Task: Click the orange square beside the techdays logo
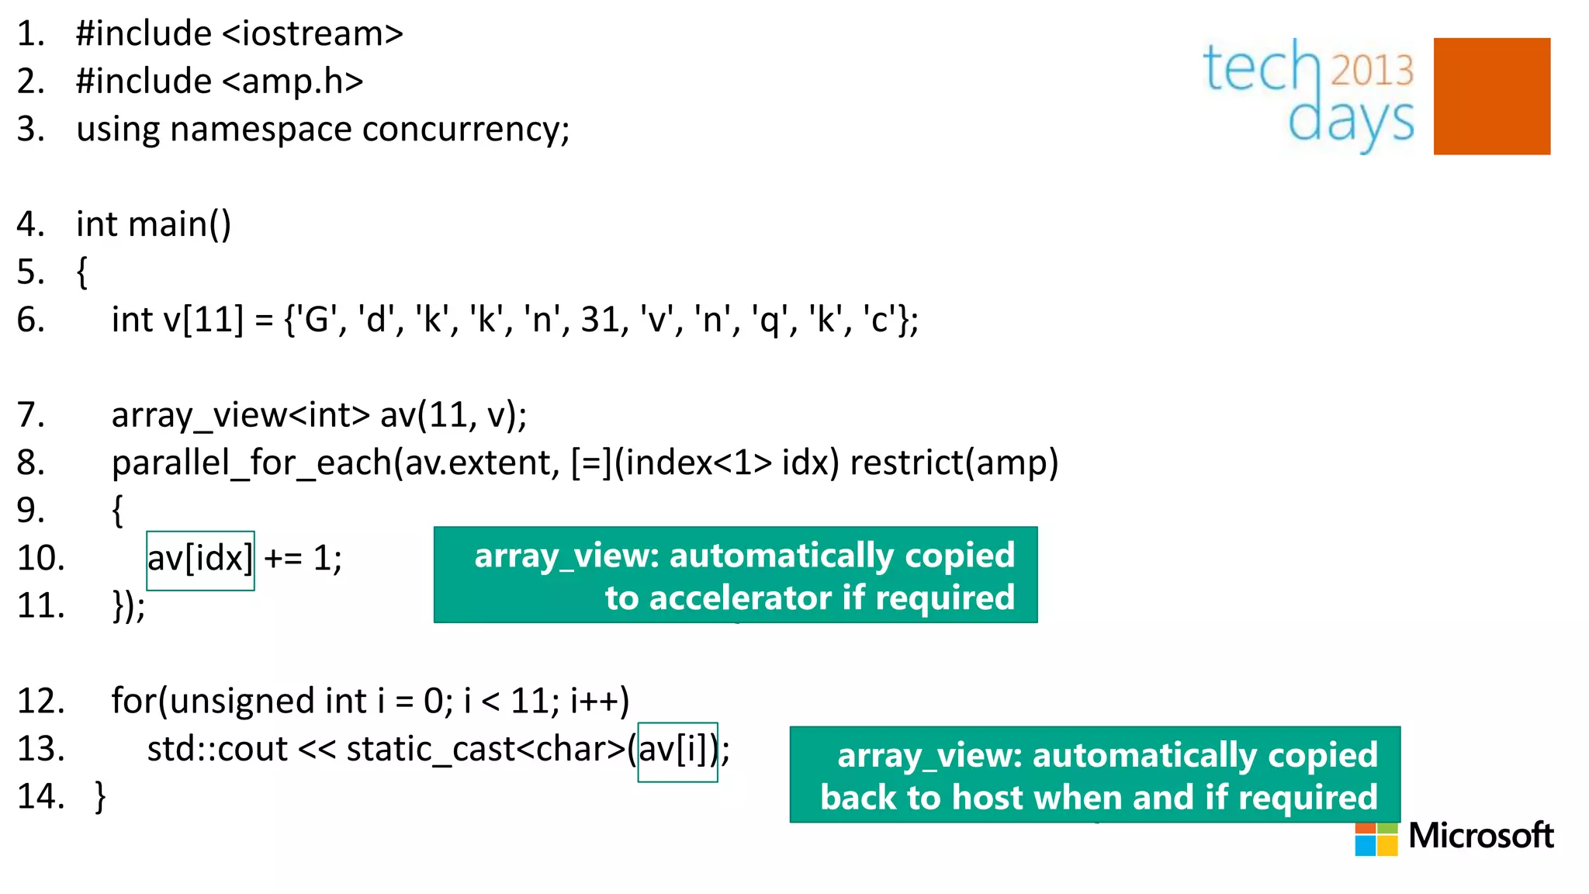tap(1491, 96)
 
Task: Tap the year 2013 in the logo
tap(1372, 71)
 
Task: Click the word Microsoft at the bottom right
tap(1480, 836)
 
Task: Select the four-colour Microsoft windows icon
tap(1376, 837)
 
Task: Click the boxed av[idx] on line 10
tap(200, 560)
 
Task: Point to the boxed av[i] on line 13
tap(677, 751)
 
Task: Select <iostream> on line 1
tap(313, 34)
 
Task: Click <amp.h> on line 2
tap(293, 81)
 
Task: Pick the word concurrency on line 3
tap(465, 130)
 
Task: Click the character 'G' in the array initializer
tap(316, 320)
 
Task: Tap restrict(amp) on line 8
tap(954, 463)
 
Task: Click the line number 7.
tap(30, 415)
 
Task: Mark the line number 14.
tap(40, 797)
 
